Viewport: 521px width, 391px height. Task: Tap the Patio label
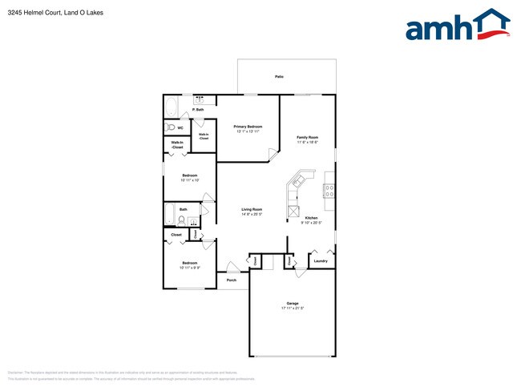click(x=279, y=77)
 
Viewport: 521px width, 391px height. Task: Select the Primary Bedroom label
click(x=248, y=127)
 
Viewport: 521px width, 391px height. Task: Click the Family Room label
click(x=308, y=137)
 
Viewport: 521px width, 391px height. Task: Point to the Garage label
click(x=293, y=303)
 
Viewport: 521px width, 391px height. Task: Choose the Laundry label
click(x=321, y=260)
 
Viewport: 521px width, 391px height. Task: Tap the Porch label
click(x=231, y=280)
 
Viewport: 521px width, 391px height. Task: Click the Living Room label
click(x=252, y=210)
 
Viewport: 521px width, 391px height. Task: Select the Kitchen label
click(x=311, y=218)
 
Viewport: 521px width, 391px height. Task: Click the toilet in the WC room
click(x=170, y=127)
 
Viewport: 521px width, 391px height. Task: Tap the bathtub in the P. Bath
click(x=172, y=106)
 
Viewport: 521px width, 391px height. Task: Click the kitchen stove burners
click(x=329, y=191)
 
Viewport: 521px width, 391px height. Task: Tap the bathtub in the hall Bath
click(x=170, y=215)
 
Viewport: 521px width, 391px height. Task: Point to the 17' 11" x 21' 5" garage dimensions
click(x=293, y=308)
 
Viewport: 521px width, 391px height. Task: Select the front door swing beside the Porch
click(x=230, y=266)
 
